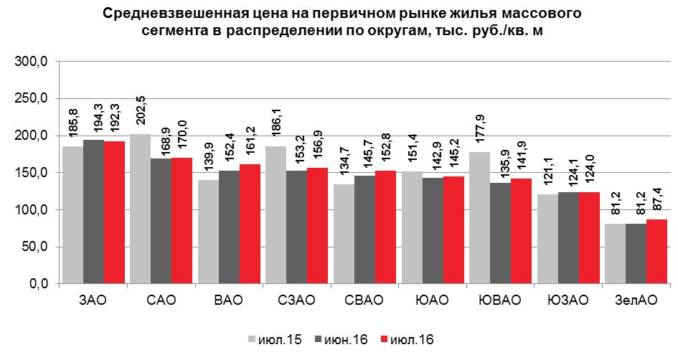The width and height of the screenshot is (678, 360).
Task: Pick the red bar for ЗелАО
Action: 656,251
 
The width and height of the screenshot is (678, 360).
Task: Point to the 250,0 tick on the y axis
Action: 32,99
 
